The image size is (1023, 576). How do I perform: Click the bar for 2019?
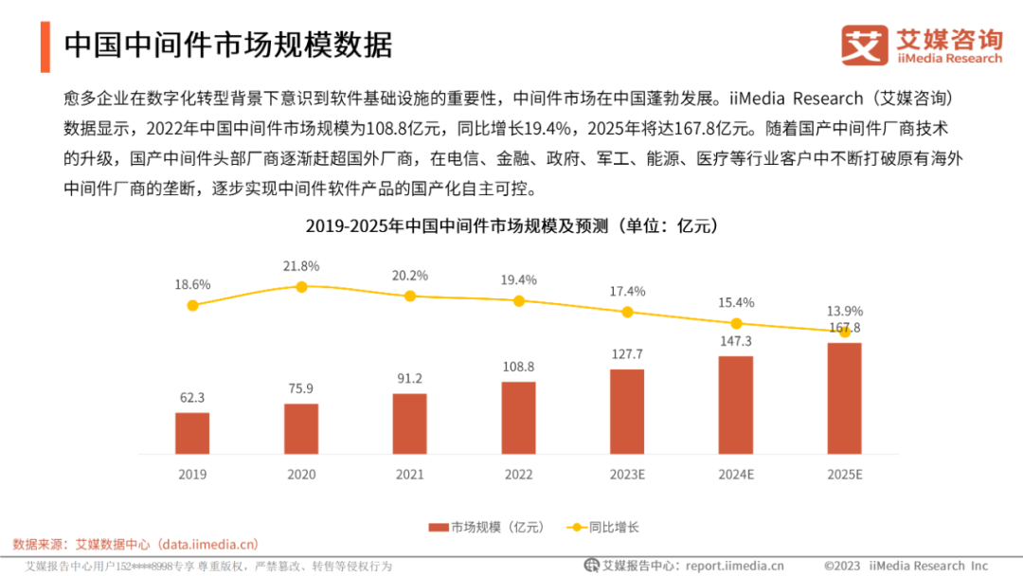click(x=192, y=433)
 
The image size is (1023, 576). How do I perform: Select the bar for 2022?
click(x=518, y=418)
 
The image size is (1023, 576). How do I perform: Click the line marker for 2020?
click(x=301, y=286)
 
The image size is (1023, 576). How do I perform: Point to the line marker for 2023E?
click(x=627, y=312)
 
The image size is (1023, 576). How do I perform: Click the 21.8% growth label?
click(x=301, y=266)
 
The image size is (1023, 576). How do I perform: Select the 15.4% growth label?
click(x=736, y=303)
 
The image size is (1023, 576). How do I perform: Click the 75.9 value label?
click(x=301, y=387)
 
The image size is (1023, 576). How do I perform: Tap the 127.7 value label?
click(x=627, y=353)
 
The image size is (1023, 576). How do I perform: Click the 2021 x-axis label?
click(x=409, y=474)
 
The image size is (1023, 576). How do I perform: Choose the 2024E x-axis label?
click(x=736, y=474)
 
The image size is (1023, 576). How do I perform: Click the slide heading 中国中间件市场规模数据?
click(x=227, y=45)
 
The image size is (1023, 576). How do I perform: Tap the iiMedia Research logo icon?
click(x=865, y=45)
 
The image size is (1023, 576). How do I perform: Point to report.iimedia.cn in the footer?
click(x=734, y=566)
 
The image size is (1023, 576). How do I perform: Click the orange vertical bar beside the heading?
click(x=45, y=45)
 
